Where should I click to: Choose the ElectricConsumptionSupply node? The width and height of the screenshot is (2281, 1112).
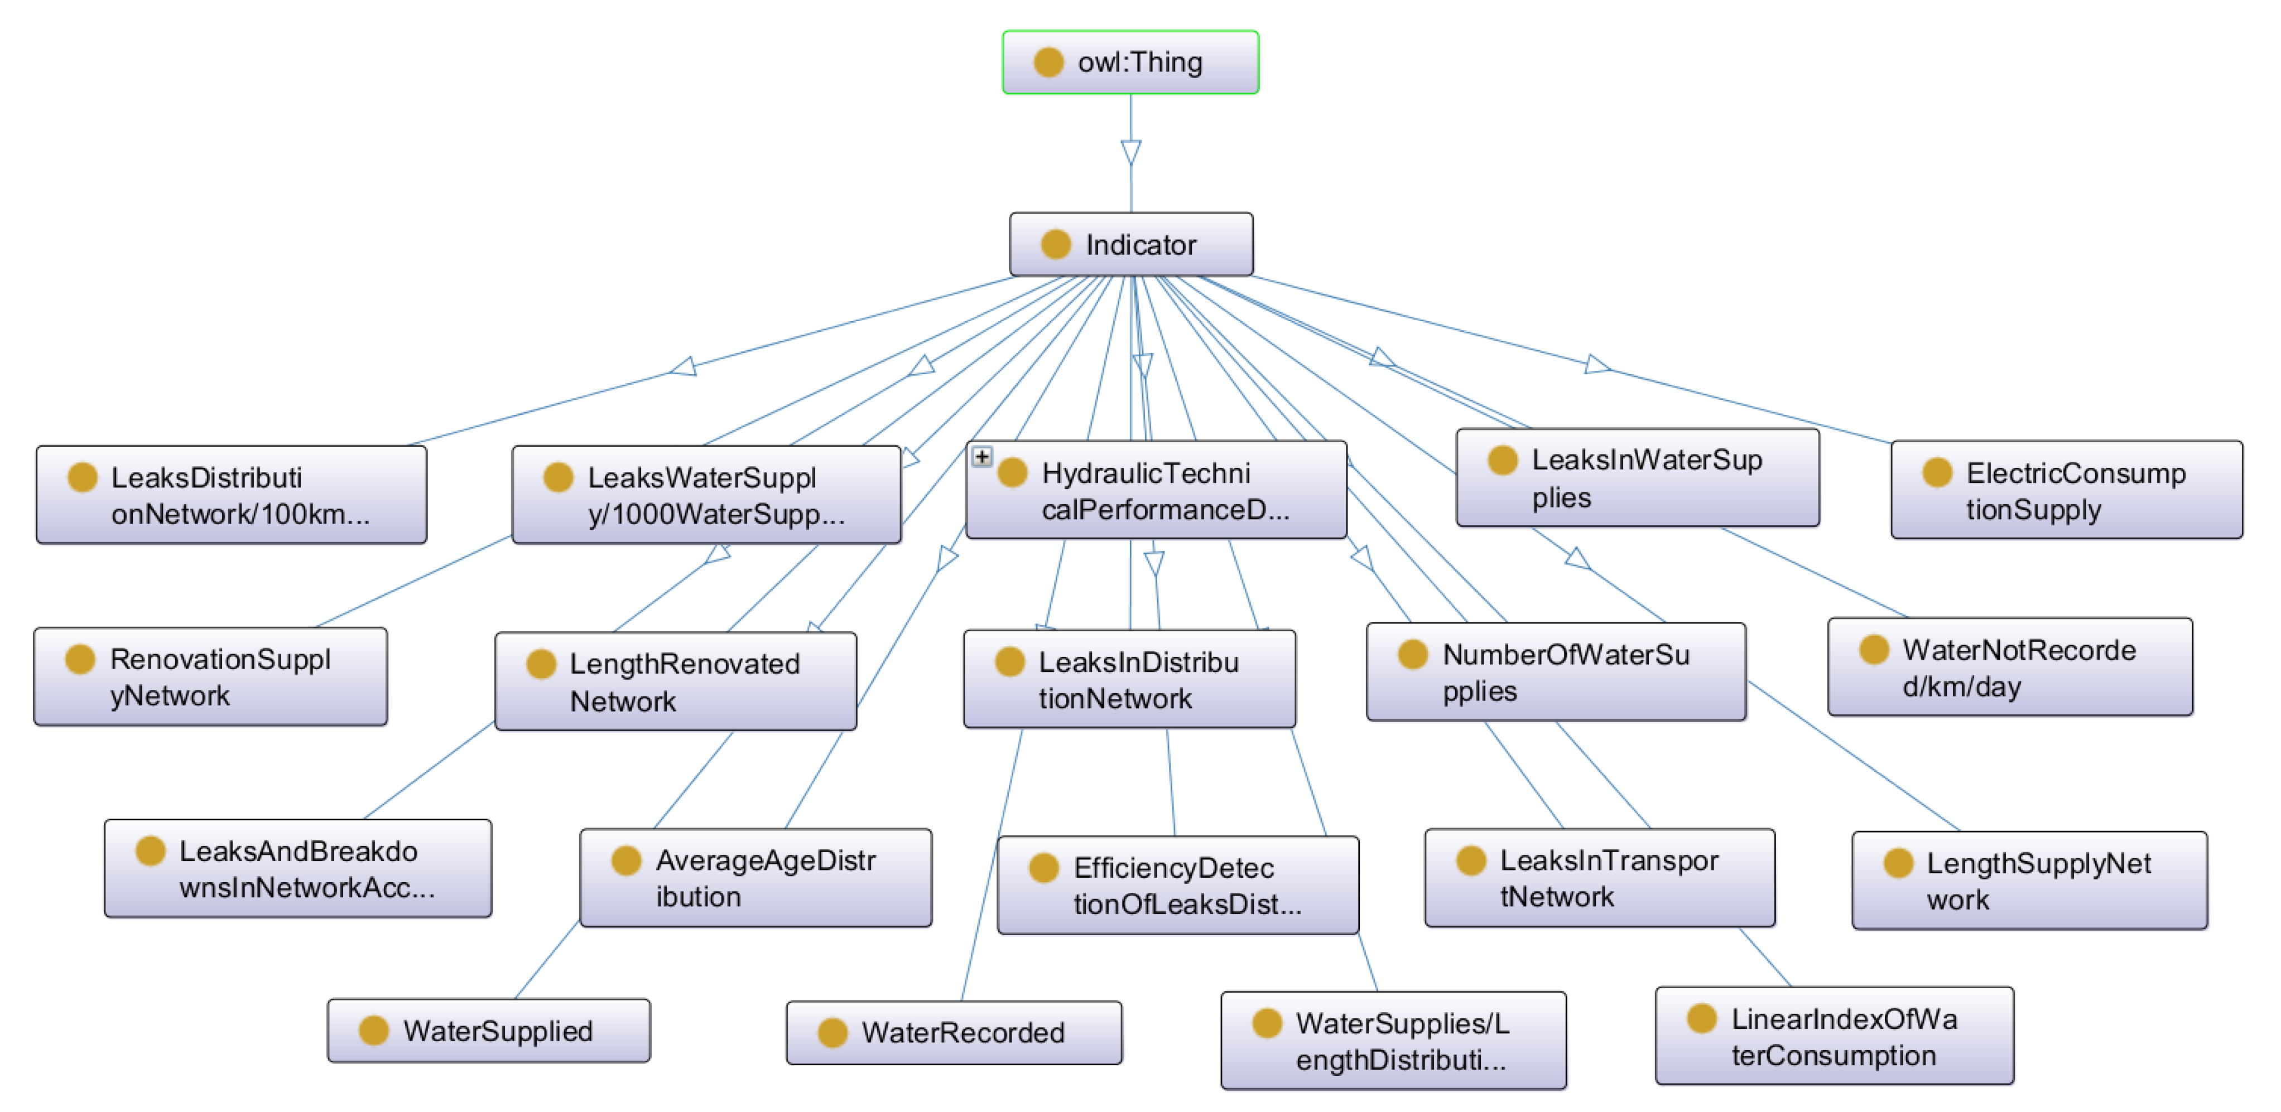[x=2066, y=491]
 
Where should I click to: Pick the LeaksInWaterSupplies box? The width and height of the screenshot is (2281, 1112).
[x=1637, y=478]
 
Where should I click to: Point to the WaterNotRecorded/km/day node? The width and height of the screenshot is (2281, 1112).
[x=2009, y=668]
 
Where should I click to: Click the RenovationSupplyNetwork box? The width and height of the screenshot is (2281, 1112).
[x=211, y=676]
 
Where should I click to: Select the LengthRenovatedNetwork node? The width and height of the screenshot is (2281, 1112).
[x=676, y=681]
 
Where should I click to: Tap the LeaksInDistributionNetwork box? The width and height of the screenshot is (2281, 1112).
[x=1129, y=679]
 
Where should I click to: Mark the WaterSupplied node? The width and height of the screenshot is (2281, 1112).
[x=489, y=1031]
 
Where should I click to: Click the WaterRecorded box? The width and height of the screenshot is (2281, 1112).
[x=954, y=1032]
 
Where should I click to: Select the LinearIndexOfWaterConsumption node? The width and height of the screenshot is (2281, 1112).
[x=1834, y=1036]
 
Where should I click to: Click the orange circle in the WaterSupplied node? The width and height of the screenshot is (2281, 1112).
[x=374, y=1031]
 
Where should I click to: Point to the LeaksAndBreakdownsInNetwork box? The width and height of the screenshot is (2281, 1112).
[x=297, y=868]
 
